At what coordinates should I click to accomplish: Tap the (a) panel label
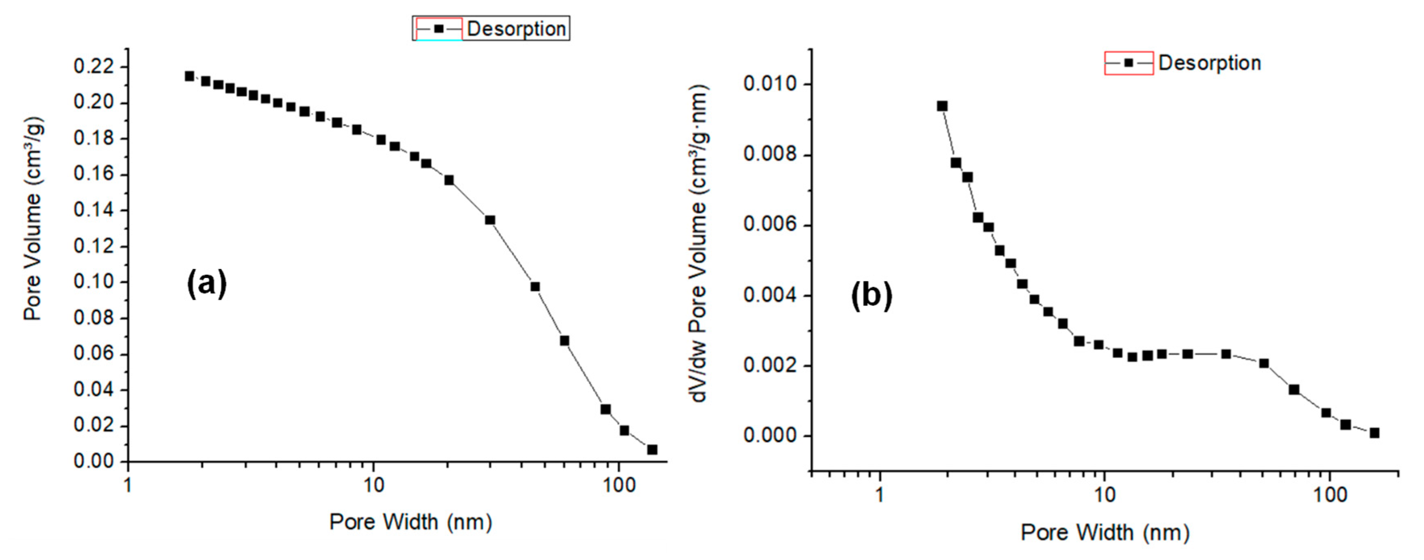pos(207,284)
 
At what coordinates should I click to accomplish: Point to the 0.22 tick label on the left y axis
pos(94,67)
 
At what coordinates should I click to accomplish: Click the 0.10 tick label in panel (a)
pos(94,282)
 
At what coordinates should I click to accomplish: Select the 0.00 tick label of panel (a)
pos(94,461)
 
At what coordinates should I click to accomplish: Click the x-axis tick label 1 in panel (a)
pos(128,486)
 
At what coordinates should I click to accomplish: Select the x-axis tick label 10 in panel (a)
pos(373,486)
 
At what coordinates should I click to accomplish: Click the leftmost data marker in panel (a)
pos(190,76)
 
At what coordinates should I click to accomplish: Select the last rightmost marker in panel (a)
pos(652,449)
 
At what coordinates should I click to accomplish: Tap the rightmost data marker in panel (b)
pos(1374,433)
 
